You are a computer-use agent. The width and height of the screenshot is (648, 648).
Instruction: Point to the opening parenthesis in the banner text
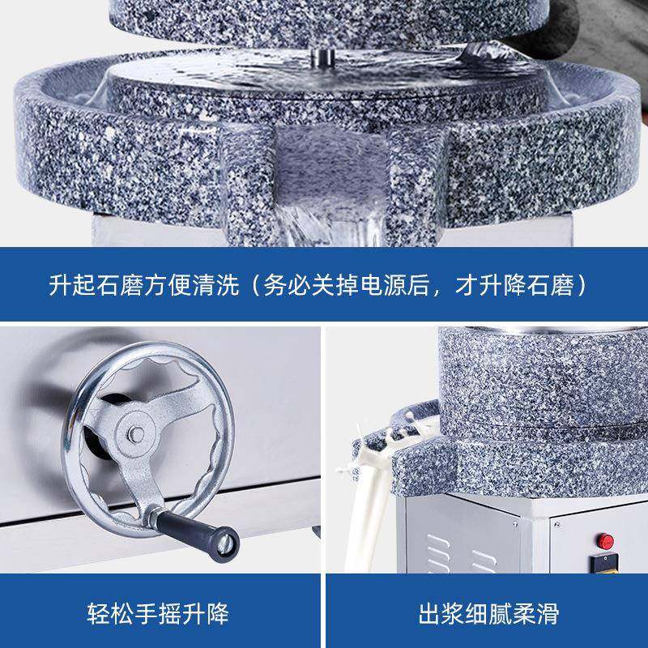pos(254,286)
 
